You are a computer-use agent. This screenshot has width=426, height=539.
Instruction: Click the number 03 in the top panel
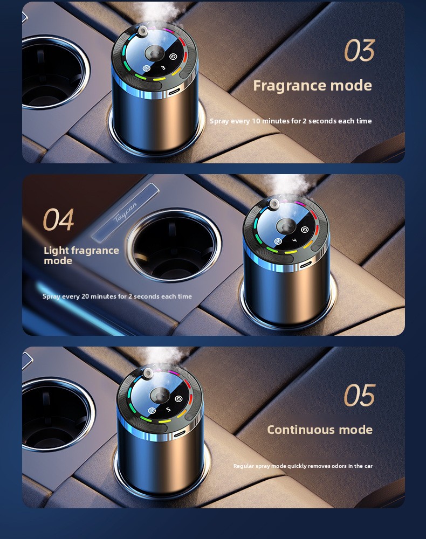pyautogui.click(x=359, y=50)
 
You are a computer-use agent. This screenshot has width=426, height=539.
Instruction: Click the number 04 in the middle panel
pyautogui.click(x=58, y=219)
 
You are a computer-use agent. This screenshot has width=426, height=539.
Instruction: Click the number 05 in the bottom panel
pyautogui.click(x=359, y=395)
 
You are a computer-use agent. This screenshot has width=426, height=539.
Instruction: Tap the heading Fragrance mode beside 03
pyautogui.click(x=313, y=86)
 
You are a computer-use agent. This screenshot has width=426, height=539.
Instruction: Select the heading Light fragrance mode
pyautogui.click(x=81, y=255)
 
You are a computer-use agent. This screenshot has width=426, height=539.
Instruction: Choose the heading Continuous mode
pyautogui.click(x=320, y=430)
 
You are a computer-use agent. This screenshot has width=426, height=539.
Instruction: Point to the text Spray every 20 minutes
pyautogui.click(x=79, y=296)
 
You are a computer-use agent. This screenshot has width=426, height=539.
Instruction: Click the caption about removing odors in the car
pyautogui.click(x=303, y=466)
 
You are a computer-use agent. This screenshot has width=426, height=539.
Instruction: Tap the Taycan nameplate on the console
pyautogui.click(x=126, y=213)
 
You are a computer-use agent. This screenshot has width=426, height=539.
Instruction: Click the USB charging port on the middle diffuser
pyautogui.click(x=305, y=265)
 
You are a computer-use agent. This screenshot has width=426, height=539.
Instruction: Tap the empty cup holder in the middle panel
pyautogui.click(x=174, y=245)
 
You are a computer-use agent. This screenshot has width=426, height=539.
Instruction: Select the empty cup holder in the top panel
pyautogui.click(x=55, y=72)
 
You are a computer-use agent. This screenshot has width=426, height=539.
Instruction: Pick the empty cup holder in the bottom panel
pyautogui.click(x=57, y=414)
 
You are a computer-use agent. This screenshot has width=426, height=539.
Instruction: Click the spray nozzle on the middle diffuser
pyautogui.click(x=274, y=204)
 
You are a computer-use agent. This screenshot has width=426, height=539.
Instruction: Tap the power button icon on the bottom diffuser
pyautogui.click(x=178, y=399)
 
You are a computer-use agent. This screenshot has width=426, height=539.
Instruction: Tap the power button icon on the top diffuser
pyautogui.click(x=173, y=57)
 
